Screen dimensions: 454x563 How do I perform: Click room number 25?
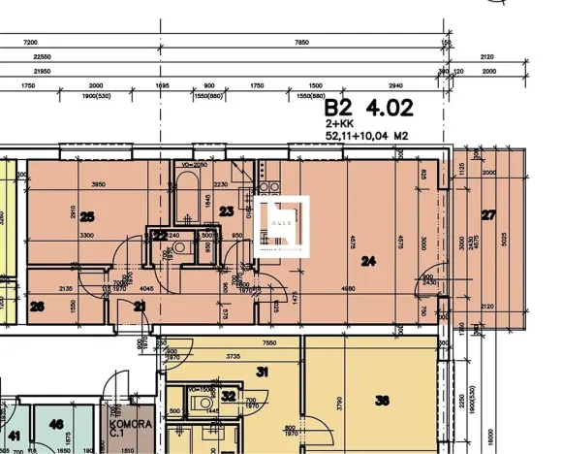[87, 216]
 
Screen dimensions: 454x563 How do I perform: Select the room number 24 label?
[367, 260]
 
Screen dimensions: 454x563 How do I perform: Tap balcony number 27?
[487, 214]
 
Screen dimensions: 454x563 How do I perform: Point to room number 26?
[38, 307]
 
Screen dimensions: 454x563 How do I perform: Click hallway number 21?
[140, 307]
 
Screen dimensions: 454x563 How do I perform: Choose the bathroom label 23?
[227, 211]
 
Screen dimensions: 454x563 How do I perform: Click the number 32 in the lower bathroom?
[228, 395]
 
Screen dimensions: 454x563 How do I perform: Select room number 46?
[57, 424]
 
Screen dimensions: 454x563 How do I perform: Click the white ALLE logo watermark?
[284, 224]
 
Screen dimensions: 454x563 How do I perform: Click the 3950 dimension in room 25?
[90, 183]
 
